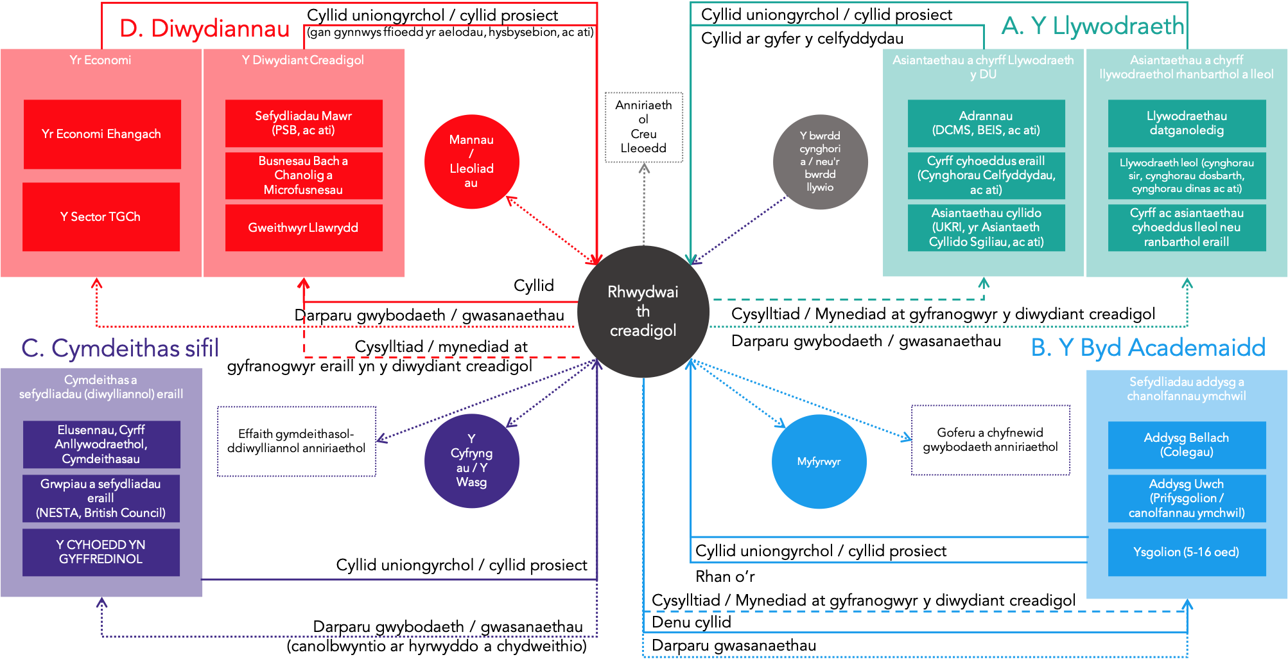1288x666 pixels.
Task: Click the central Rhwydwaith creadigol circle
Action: click(x=643, y=311)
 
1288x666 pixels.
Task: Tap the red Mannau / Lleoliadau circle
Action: click(x=471, y=161)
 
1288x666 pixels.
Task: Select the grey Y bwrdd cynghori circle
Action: click(x=820, y=162)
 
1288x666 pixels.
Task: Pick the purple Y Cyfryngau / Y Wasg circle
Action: click(x=471, y=460)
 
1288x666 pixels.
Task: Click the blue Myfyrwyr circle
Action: click(x=819, y=461)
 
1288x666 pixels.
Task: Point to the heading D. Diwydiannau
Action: click(x=204, y=29)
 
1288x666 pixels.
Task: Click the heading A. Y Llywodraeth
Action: click(x=1092, y=26)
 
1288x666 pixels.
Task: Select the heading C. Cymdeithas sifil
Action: click(x=120, y=348)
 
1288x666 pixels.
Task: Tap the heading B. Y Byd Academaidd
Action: click(x=1147, y=347)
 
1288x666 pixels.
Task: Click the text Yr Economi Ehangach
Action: click(x=101, y=134)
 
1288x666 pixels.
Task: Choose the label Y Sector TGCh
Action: click(x=100, y=217)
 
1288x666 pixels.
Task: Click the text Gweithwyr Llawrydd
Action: click(x=303, y=228)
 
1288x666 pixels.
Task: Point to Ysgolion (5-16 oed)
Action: click(x=1186, y=552)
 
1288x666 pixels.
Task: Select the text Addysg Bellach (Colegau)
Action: click(x=1186, y=444)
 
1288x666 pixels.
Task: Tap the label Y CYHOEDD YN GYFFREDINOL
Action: click(x=101, y=552)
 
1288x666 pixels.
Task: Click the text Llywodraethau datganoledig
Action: click(x=1187, y=123)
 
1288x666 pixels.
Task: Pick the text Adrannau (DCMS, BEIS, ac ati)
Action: click(x=986, y=123)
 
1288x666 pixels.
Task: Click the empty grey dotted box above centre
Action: click(x=644, y=127)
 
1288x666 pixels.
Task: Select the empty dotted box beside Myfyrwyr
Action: click(x=991, y=440)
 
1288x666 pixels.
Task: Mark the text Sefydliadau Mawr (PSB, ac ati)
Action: click(x=303, y=123)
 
